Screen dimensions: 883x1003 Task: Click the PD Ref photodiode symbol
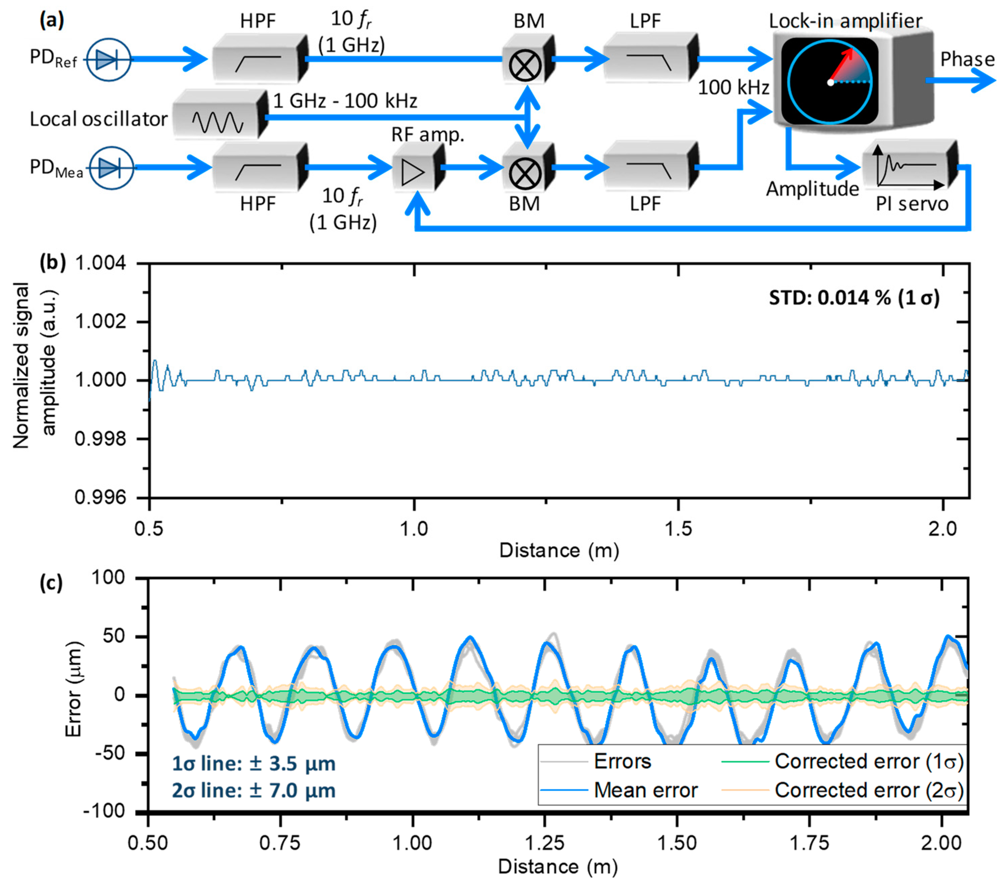click(x=109, y=60)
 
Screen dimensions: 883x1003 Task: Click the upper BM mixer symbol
click(x=525, y=65)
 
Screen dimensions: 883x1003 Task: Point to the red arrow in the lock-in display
click(x=842, y=64)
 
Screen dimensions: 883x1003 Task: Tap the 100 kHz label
click(x=733, y=88)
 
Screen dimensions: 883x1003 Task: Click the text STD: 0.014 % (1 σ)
click(x=853, y=298)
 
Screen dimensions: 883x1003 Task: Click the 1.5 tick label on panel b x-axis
click(x=678, y=529)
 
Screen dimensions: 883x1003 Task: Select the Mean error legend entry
click(x=645, y=790)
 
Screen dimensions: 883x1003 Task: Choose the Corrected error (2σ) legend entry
click(x=869, y=790)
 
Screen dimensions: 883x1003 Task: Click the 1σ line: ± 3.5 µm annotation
click(x=253, y=764)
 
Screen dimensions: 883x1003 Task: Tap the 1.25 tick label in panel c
click(x=545, y=843)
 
